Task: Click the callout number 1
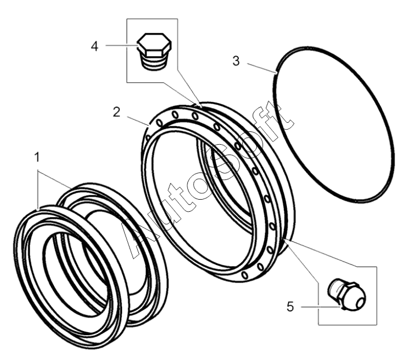click(37, 157)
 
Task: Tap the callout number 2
click(116, 112)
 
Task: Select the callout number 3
click(236, 61)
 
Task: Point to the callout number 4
click(95, 46)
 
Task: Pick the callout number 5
click(290, 306)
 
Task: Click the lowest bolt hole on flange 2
click(245, 275)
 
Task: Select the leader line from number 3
click(262, 68)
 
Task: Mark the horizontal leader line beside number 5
click(321, 307)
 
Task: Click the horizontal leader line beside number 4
click(121, 46)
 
